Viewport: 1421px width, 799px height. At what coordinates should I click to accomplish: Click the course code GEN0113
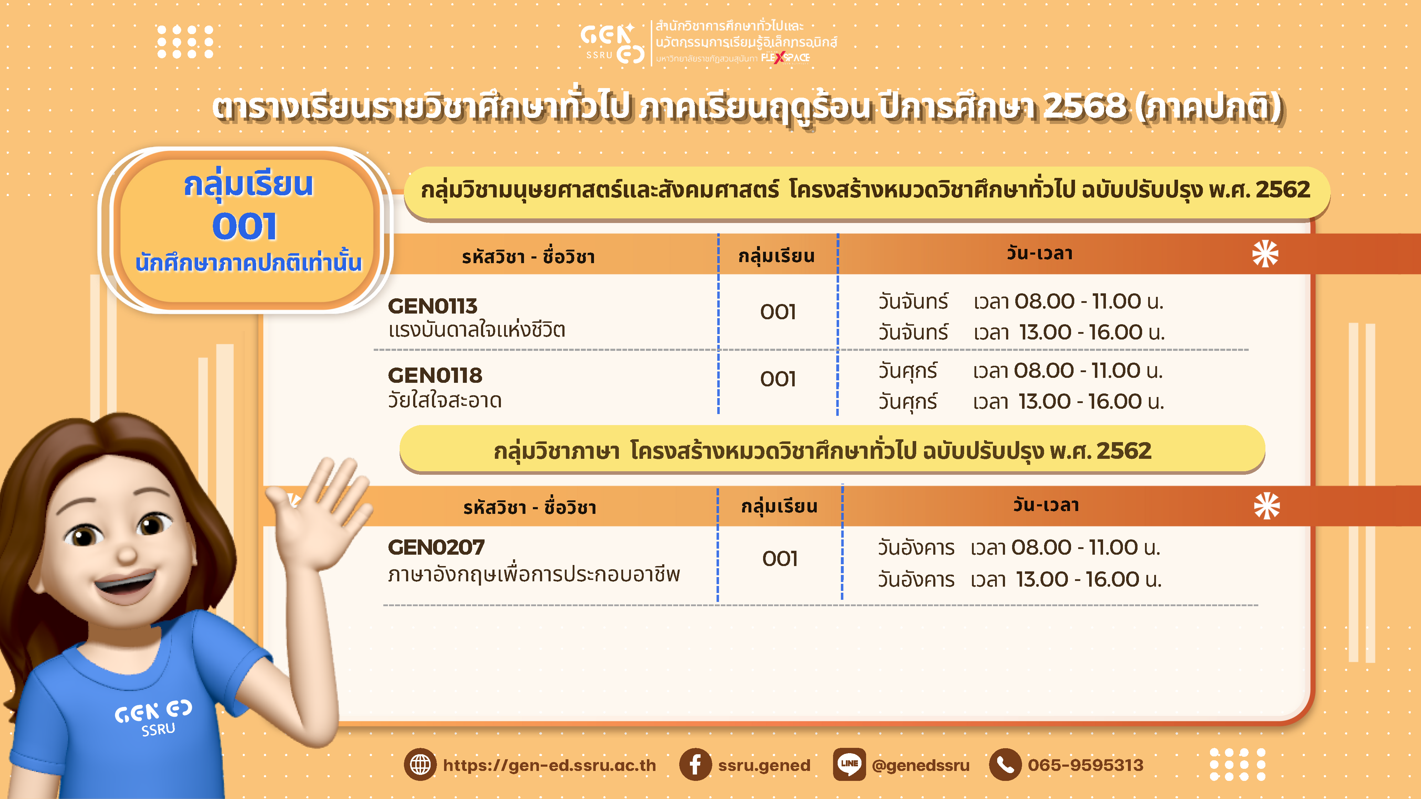tap(432, 306)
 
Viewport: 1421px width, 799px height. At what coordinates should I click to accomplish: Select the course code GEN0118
tap(435, 375)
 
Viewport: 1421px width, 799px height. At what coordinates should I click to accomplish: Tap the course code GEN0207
tap(436, 547)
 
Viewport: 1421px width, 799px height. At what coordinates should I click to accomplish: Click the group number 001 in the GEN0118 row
tap(778, 379)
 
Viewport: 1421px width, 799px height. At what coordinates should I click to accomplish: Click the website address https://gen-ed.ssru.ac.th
tap(550, 765)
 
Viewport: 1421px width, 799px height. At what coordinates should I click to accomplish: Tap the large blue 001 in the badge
tap(244, 227)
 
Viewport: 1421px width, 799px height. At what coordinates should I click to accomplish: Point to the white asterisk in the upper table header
tap(1265, 254)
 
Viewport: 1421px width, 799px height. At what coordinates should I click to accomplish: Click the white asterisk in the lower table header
tap(1266, 506)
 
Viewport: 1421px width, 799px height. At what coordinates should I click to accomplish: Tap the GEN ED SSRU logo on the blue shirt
tap(154, 717)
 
